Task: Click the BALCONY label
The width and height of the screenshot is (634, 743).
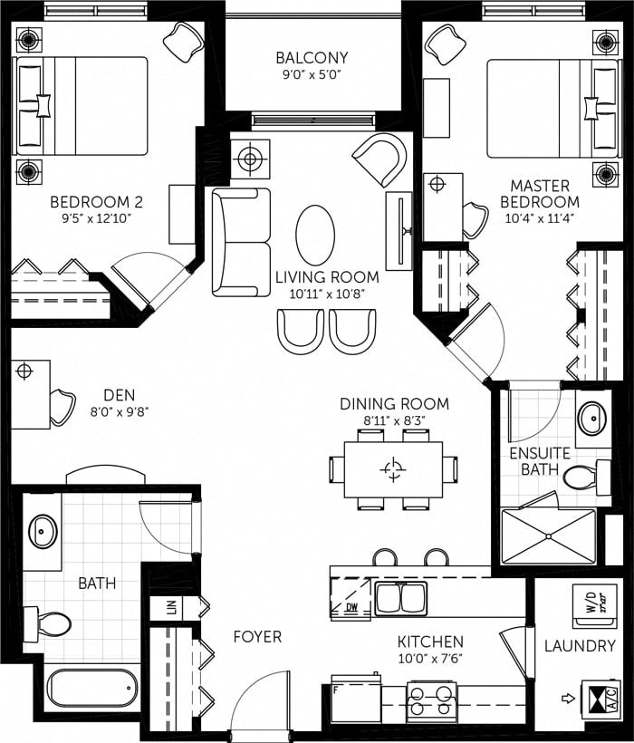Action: (x=312, y=58)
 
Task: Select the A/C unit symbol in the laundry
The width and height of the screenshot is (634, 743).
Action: (x=599, y=699)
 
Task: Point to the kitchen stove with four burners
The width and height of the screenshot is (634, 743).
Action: (x=431, y=700)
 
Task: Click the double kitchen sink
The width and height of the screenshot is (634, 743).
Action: (x=400, y=598)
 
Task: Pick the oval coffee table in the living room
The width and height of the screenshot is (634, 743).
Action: (x=314, y=234)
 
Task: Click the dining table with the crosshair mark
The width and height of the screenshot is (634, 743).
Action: (x=393, y=468)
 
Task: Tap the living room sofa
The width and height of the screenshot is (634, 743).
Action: (x=240, y=242)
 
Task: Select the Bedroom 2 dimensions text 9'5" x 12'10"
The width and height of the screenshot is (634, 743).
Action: (x=96, y=218)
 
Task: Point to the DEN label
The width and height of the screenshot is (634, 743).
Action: (x=118, y=395)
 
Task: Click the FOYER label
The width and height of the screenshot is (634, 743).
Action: (x=257, y=636)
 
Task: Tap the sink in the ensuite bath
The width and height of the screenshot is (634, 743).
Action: (x=593, y=419)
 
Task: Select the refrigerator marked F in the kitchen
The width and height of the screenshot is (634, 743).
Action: (x=355, y=700)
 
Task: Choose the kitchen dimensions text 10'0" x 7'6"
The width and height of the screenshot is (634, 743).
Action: (x=430, y=659)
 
